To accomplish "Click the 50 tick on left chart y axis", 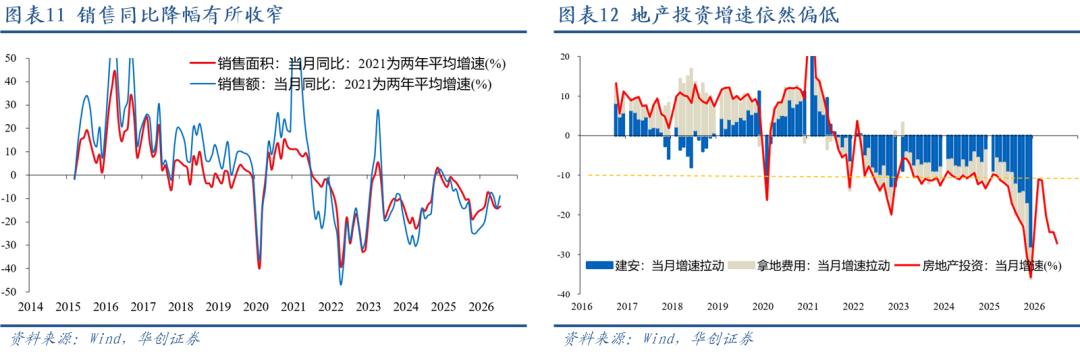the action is [x=12, y=58].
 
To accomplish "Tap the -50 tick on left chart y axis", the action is [x=10, y=292].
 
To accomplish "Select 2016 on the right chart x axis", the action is [x=583, y=306].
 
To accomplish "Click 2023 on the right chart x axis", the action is [x=897, y=306].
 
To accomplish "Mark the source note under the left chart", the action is [x=104, y=339].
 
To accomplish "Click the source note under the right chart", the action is [x=657, y=339].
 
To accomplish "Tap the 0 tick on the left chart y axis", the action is [x=14, y=175].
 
